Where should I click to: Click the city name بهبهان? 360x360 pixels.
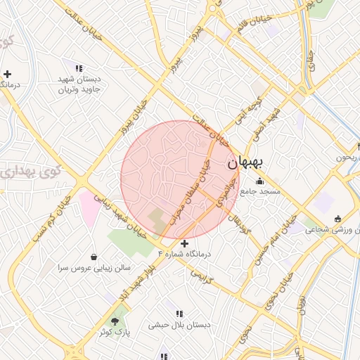click(x=245, y=162)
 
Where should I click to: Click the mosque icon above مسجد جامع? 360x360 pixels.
click(x=259, y=181)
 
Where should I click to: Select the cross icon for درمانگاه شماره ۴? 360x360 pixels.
click(x=184, y=243)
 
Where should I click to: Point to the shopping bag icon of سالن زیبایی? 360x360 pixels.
click(x=94, y=257)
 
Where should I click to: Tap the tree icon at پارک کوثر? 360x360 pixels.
click(x=115, y=320)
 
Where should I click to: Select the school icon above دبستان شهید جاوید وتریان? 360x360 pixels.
click(x=79, y=68)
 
